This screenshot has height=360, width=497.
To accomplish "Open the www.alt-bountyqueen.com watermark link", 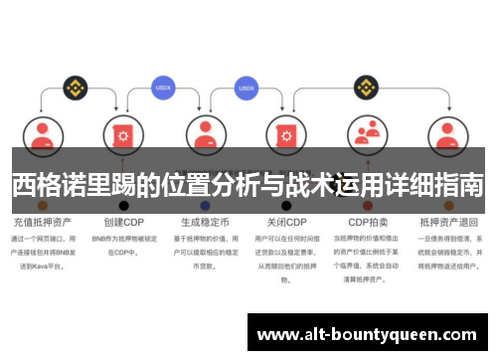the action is [x=367, y=335].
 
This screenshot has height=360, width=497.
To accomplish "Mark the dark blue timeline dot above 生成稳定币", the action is [x=205, y=205].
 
